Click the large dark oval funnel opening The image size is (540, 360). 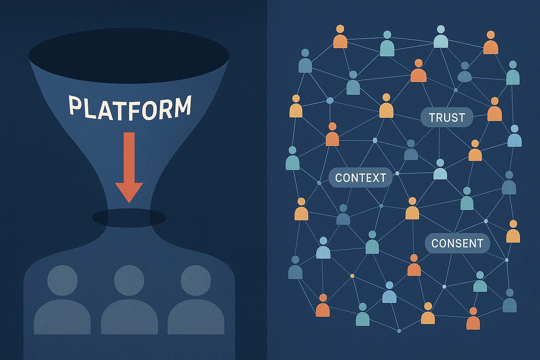pos(129,56)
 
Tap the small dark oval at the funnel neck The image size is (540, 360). pos(129,218)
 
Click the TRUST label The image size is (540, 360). pos(447,118)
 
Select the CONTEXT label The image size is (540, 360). pos(360,178)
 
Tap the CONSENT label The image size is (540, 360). pos(457,243)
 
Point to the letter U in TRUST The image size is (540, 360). pos(448,118)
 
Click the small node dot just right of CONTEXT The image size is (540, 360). pos(397,173)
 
